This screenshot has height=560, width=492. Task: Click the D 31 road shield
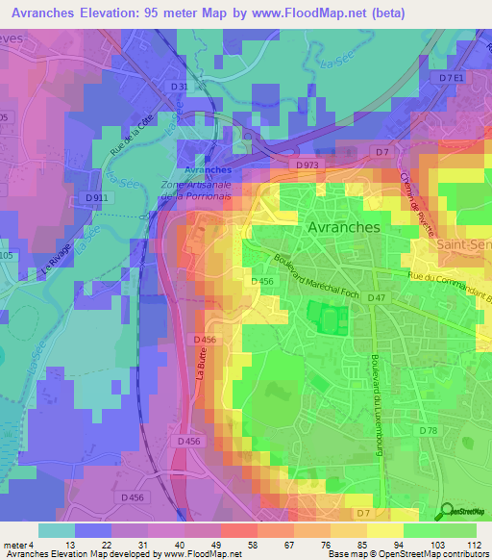(180, 87)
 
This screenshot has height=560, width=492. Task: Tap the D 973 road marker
(307, 165)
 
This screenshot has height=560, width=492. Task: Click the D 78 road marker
(429, 430)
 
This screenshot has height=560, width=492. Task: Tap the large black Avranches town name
(343, 227)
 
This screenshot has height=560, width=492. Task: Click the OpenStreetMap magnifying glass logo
(446, 513)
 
